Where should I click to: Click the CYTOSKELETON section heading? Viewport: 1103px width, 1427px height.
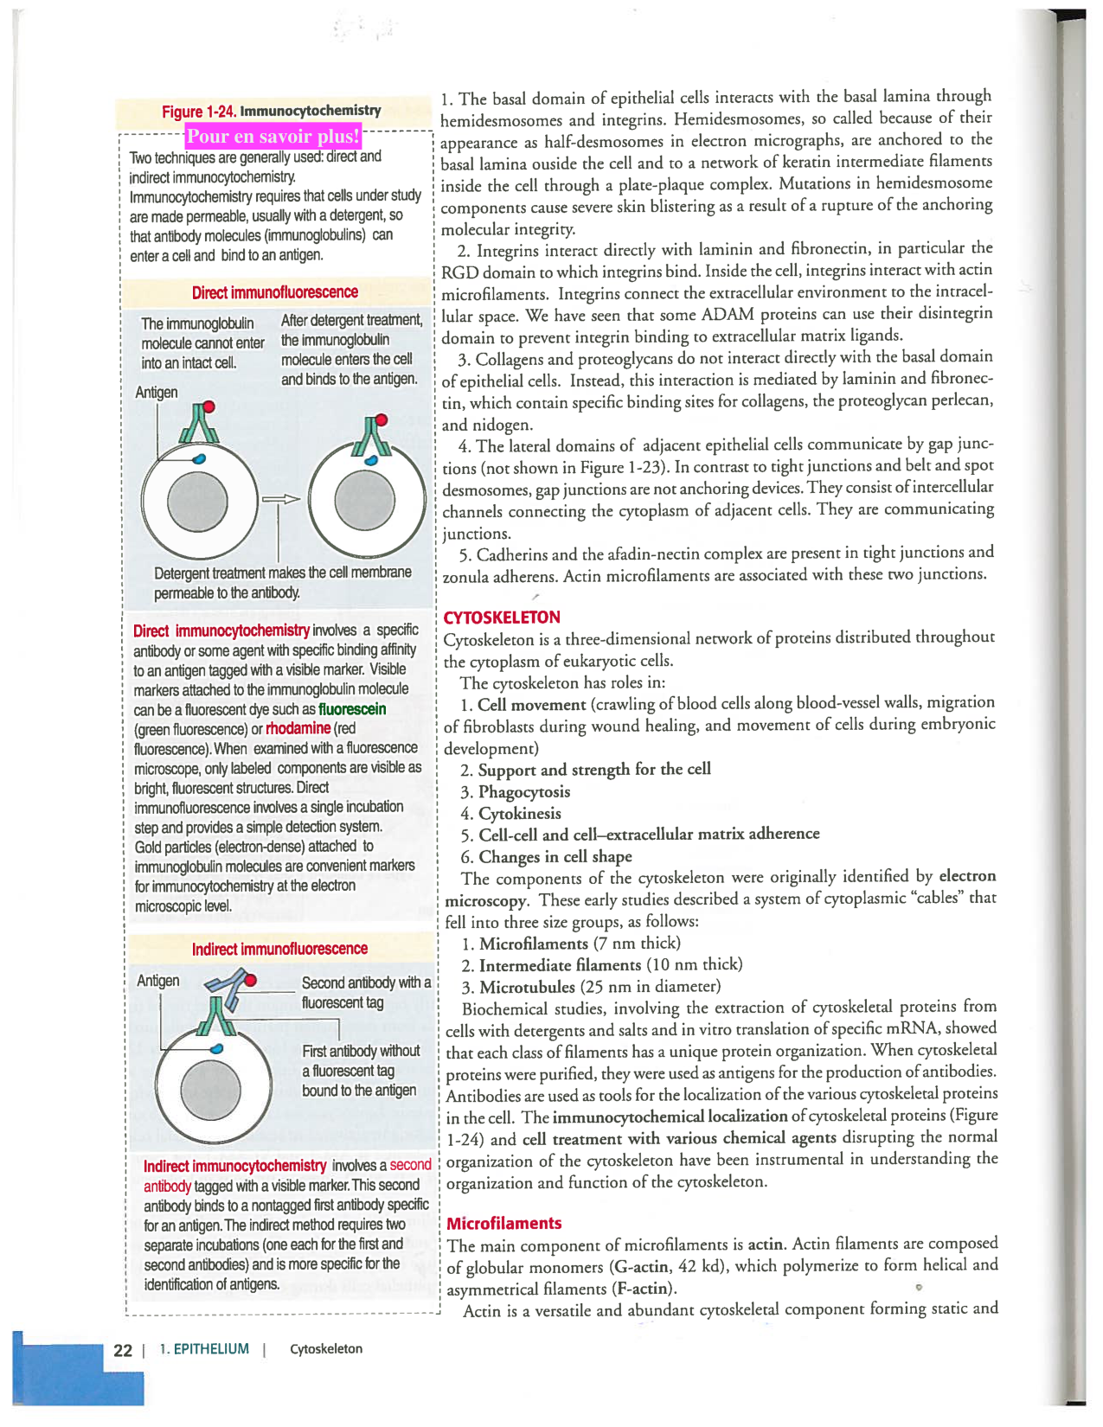click(x=501, y=617)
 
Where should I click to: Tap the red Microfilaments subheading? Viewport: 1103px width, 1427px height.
click(x=503, y=1223)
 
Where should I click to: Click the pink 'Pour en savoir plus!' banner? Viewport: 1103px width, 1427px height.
click(x=273, y=136)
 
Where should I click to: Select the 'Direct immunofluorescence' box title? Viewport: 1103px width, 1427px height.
click(x=274, y=292)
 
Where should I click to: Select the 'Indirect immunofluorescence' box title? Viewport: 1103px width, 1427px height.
click(x=279, y=949)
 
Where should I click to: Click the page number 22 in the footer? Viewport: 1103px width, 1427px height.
click(x=123, y=1350)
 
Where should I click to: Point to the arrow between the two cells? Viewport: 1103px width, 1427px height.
click(x=280, y=499)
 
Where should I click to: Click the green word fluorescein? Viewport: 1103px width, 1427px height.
click(x=352, y=709)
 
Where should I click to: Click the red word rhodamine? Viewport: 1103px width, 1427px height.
click(x=298, y=728)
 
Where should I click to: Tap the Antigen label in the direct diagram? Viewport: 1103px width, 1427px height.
click(x=157, y=392)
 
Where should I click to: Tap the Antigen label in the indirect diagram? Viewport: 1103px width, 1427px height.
click(x=158, y=980)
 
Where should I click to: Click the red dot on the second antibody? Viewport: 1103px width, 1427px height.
click(x=250, y=980)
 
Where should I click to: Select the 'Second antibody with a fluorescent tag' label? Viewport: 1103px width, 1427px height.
click(x=365, y=992)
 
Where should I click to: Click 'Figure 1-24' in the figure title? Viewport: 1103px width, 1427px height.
click(x=199, y=112)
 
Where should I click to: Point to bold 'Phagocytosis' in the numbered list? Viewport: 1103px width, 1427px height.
click(x=523, y=791)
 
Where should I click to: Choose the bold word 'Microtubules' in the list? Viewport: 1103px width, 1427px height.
click(x=527, y=987)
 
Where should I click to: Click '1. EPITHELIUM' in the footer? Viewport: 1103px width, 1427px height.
click(x=204, y=1349)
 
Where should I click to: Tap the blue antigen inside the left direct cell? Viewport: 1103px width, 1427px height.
click(x=200, y=458)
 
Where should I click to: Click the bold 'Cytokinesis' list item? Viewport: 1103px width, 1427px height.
click(x=519, y=813)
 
